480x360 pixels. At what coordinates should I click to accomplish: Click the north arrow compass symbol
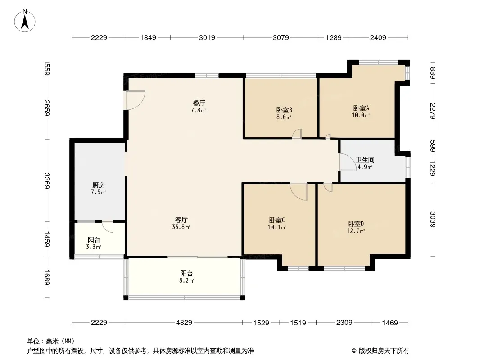tap(25, 21)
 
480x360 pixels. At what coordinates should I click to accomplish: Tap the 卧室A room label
tap(361, 108)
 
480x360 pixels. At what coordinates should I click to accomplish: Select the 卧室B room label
tap(284, 110)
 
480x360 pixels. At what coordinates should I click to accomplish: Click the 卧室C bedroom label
tap(277, 220)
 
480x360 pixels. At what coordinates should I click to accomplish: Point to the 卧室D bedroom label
tap(356, 224)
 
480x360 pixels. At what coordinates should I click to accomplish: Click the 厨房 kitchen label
tap(99, 185)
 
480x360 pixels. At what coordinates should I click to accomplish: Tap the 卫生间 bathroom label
tap(365, 160)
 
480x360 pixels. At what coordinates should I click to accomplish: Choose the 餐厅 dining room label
tap(199, 103)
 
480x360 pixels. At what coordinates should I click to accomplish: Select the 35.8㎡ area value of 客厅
tap(181, 227)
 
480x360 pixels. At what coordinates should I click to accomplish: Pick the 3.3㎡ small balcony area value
tap(94, 247)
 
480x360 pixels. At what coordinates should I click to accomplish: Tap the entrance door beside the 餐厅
tap(135, 100)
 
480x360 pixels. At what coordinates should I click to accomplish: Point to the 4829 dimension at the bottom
tap(184, 322)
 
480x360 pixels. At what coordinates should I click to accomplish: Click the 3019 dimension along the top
tap(207, 38)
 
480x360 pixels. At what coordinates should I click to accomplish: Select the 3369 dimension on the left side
tap(47, 181)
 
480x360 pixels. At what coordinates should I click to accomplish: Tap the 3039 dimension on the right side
tap(432, 219)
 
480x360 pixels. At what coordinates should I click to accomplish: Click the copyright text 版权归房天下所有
tap(380, 351)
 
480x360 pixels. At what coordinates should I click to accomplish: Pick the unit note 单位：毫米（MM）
tap(51, 342)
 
